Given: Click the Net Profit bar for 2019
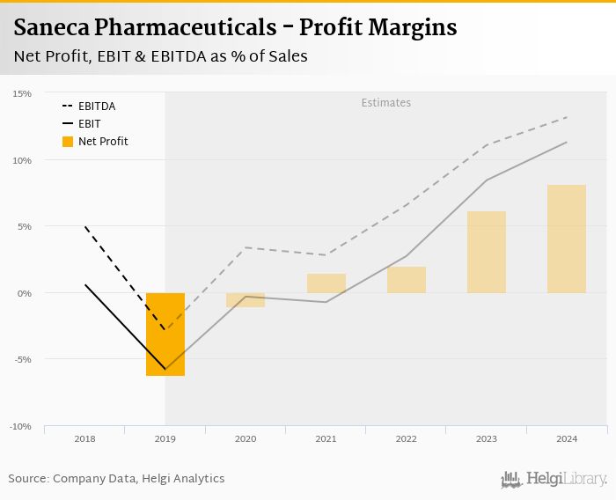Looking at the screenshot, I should (165, 335).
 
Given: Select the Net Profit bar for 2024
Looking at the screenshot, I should (566, 239).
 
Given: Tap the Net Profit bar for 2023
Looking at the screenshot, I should (486, 252).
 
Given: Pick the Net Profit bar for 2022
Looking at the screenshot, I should (406, 280).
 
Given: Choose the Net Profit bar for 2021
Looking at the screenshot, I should (326, 283).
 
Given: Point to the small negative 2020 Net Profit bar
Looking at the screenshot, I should (246, 300).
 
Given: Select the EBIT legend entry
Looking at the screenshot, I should (89, 124).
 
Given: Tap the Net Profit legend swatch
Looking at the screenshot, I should (68, 142).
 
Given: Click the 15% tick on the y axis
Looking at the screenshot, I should (22, 93).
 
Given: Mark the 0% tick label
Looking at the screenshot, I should (24, 293).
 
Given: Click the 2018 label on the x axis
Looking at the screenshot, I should (85, 438).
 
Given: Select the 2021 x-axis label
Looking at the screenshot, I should (326, 438).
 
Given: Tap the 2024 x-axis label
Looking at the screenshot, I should (566, 438).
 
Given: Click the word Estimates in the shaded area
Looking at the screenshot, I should (385, 103).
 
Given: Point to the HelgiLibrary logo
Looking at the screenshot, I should (554, 479).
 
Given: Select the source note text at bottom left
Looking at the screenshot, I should (116, 479).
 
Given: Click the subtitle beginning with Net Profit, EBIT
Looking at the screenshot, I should (160, 56).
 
